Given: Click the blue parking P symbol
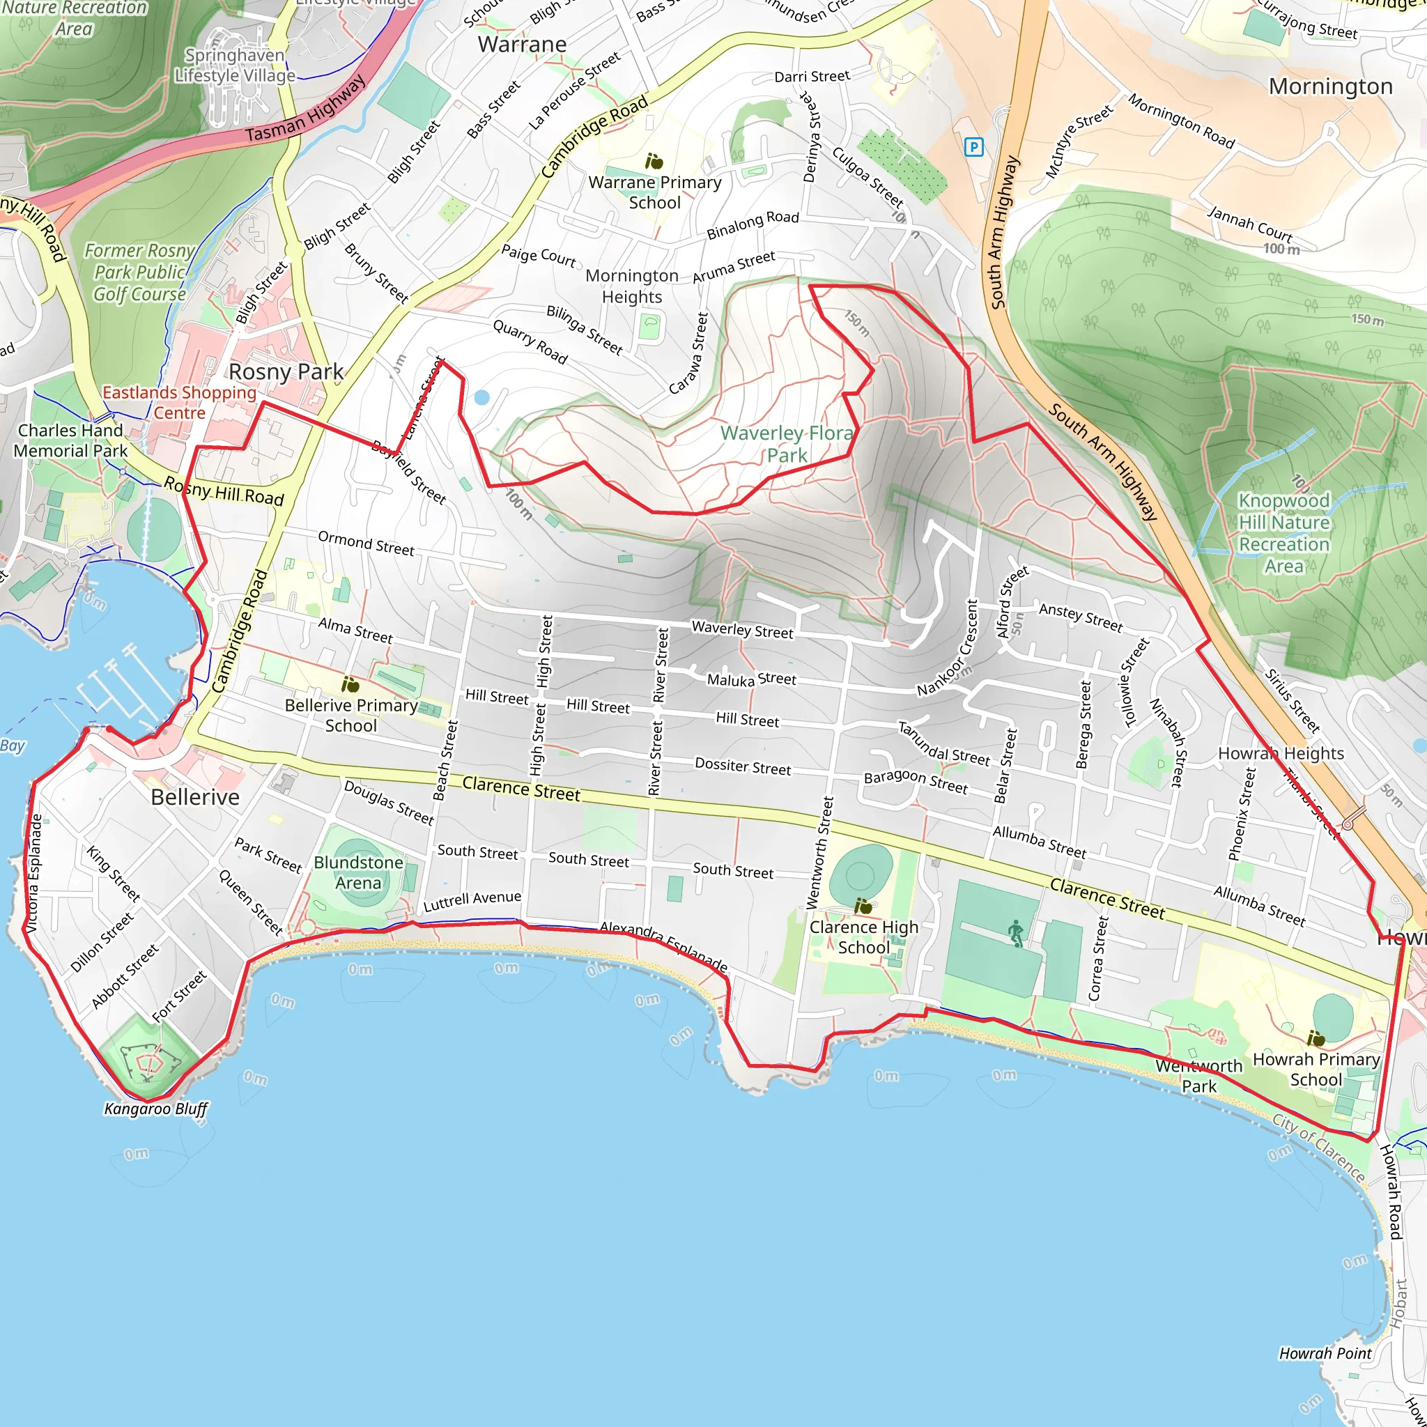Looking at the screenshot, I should (x=973, y=147).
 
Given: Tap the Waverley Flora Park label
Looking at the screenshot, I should (x=787, y=444).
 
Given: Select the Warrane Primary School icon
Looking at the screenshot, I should (x=654, y=161).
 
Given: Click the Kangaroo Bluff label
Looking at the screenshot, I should (x=156, y=1109).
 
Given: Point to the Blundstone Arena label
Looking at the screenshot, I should (x=358, y=872).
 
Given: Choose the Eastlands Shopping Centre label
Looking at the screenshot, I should (x=179, y=403).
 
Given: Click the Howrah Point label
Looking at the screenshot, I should (x=1325, y=1353).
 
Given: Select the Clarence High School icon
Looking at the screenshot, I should (x=863, y=906).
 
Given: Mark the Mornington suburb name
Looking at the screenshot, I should (x=1330, y=86).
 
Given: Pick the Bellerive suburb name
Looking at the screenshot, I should (x=195, y=797).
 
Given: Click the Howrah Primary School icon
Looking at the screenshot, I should (x=1316, y=1039).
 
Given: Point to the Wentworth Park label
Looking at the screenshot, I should (x=1198, y=1075).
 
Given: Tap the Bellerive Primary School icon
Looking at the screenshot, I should (x=350, y=685).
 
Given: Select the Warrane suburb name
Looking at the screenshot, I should (x=522, y=45).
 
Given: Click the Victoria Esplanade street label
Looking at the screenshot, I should (x=35, y=872).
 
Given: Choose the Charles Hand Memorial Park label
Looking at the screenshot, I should (x=70, y=440).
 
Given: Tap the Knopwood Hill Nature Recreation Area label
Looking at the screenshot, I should (x=1283, y=532).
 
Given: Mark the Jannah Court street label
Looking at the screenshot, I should (x=1250, y=224).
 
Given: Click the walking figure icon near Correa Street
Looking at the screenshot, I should (x=1017, y=934).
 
